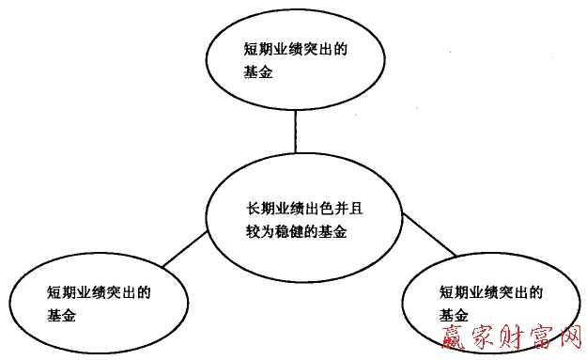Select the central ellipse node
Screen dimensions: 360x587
(295, 219)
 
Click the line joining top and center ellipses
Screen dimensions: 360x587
(295, 134)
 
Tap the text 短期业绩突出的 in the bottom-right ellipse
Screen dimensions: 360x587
(491, 291)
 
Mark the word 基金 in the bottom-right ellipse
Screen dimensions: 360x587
(453, 314)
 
